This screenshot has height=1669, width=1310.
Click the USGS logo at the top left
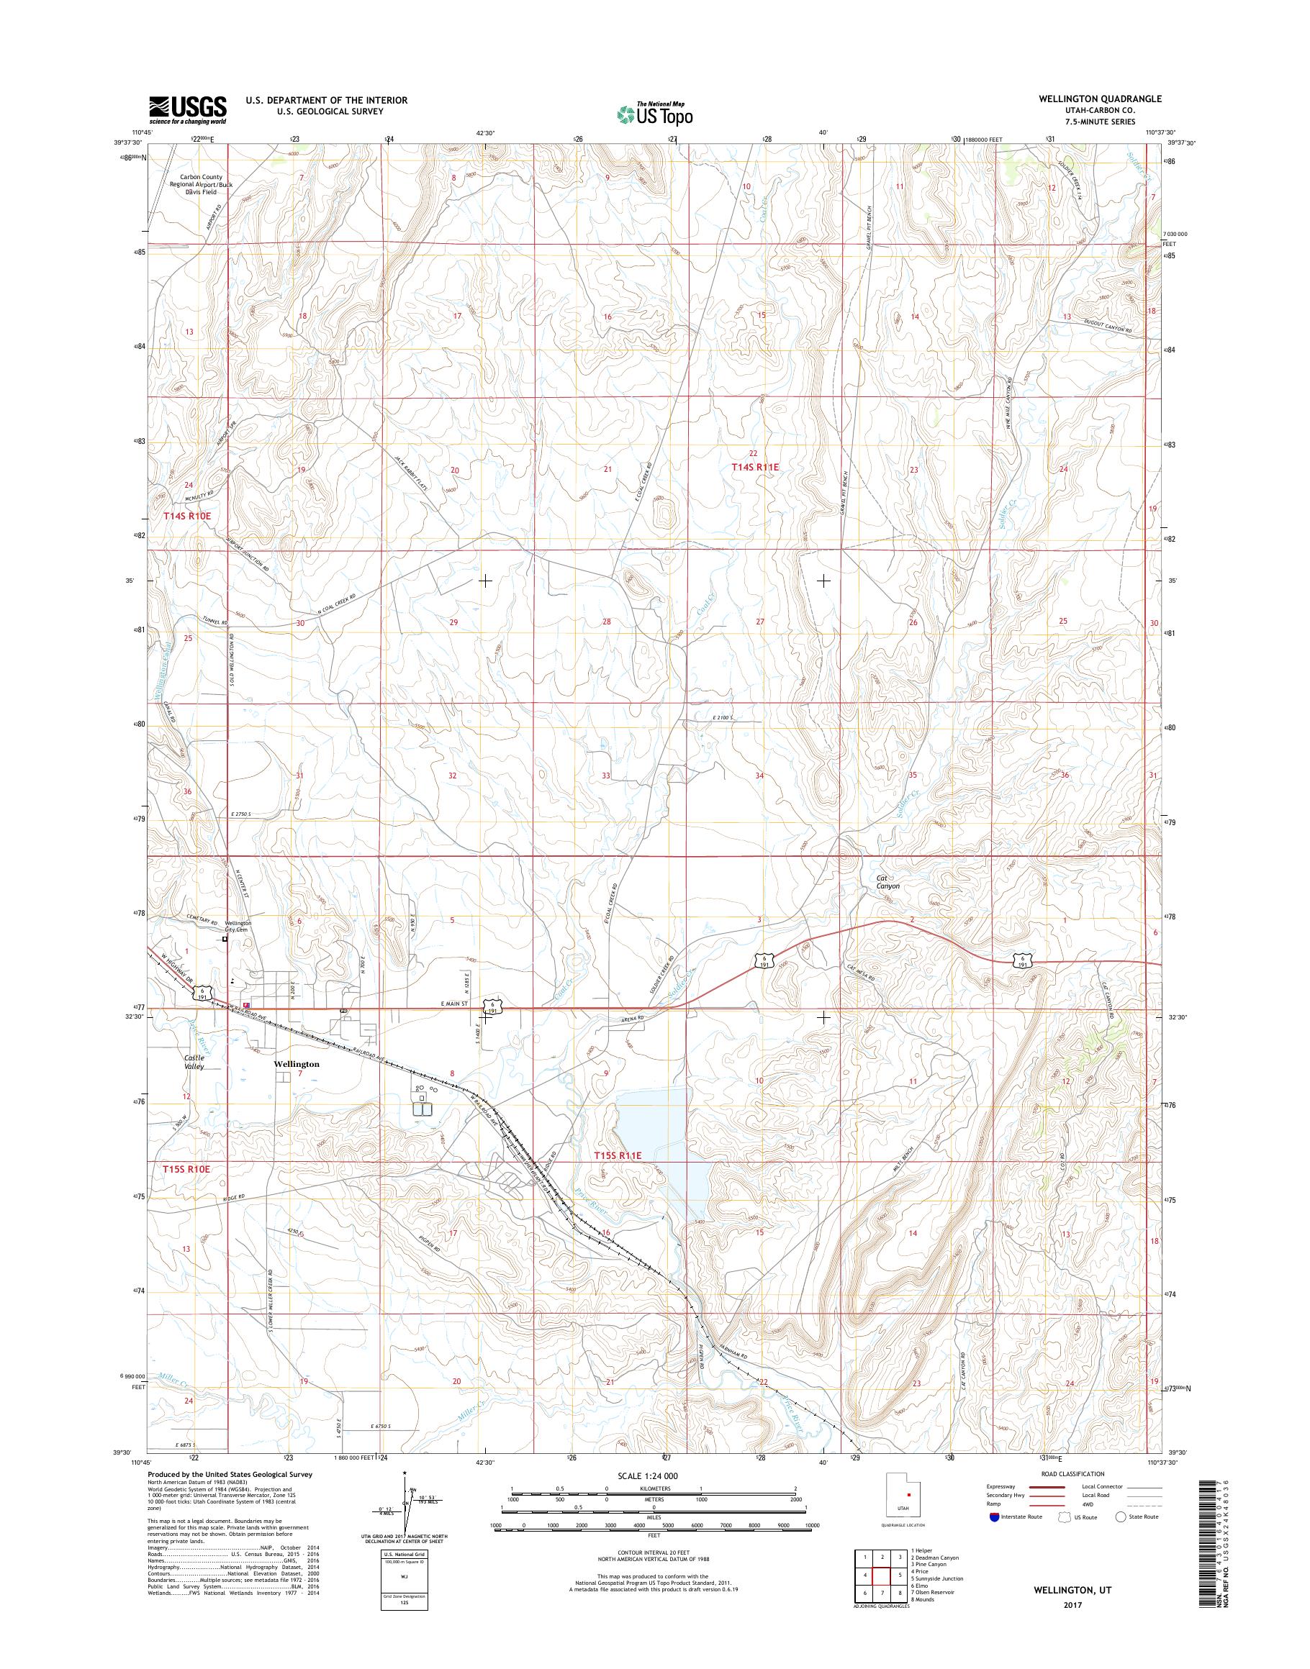tap(188, 109)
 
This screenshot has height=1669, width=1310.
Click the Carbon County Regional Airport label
tap(196, 184)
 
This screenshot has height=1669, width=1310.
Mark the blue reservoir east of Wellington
tap(652, 1142)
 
